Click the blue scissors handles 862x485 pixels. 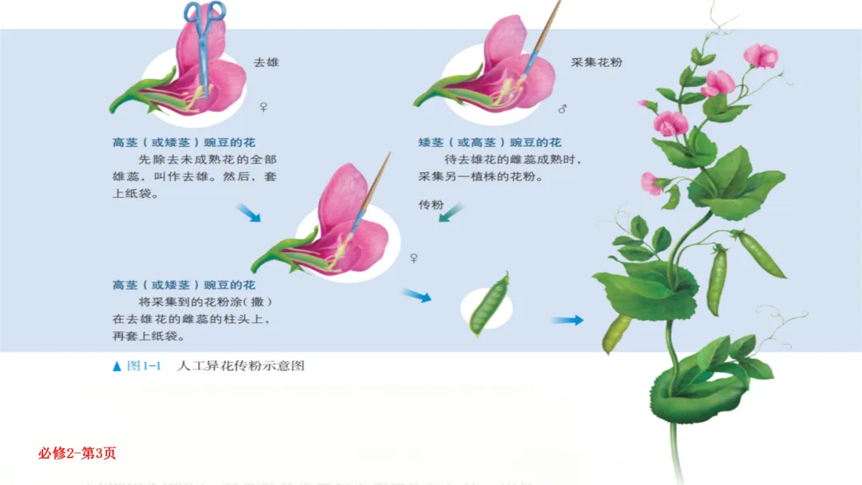204,13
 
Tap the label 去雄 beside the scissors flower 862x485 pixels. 266,61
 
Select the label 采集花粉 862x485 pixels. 596,61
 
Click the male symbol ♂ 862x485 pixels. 562,108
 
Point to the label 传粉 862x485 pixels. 430,205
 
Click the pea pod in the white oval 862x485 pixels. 488,303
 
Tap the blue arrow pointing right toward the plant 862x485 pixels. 567,320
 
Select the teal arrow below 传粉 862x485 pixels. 451,213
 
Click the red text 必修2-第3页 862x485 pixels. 77,453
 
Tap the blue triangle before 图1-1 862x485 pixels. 117,366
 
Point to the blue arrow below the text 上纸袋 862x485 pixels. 248,212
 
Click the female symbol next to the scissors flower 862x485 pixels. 264,106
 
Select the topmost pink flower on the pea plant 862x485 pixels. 761,55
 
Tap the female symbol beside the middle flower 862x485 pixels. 413,258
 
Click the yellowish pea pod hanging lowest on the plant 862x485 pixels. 616,333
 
